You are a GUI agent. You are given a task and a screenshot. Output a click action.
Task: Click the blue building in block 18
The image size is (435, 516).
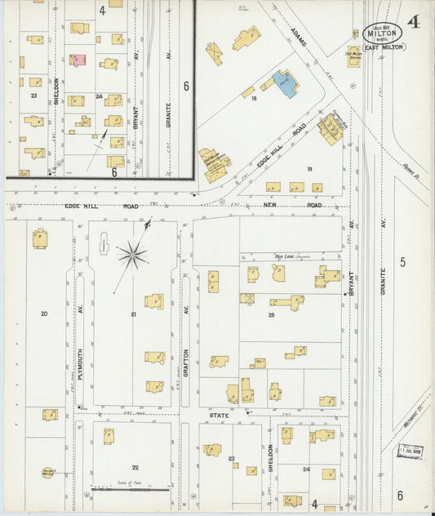(x=285, y=83)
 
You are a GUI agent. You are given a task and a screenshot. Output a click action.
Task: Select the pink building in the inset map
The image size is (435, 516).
(x=78, y=60)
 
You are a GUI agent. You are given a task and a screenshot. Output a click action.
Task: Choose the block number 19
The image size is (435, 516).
(x=309, y=169)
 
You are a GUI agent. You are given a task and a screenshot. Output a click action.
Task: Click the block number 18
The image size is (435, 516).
(x=255, y=99)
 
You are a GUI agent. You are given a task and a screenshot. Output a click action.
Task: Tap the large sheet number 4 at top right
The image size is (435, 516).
(x=415, y=22)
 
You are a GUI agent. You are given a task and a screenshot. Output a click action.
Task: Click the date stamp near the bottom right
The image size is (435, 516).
(x=409, y=450)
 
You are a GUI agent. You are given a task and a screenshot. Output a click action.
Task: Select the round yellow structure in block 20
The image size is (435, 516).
(x=48, y=472)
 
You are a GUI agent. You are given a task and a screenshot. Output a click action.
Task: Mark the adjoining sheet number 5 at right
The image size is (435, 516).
(x=402, y=261)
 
